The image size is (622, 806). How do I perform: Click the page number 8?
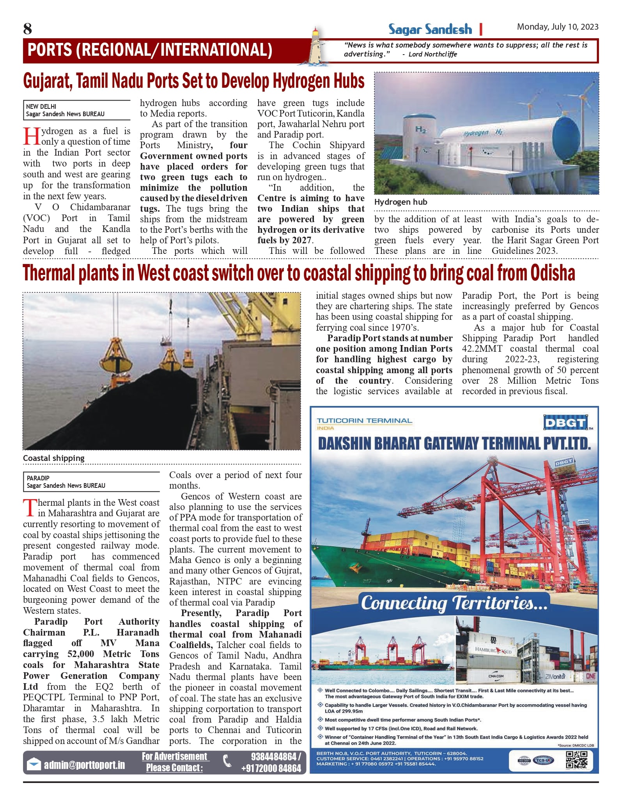(27, 29)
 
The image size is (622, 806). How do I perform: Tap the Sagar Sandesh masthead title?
(430, 29)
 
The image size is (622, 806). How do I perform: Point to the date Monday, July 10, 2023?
(557, 27)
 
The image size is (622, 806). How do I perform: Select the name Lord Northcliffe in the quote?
(432, 54)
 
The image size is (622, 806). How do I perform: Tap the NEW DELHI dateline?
(41, 106)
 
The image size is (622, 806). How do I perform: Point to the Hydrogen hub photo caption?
(400, 202)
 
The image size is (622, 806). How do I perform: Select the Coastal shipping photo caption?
(53, 458)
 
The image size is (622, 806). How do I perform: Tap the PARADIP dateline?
(38, 478)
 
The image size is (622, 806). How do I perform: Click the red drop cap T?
(30, 508)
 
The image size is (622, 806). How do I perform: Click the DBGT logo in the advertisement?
(565, 423)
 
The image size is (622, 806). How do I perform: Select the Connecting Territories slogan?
(454, 603)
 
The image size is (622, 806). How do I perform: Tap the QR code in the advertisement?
(576, 760)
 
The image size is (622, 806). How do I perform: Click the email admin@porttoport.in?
(84, 765)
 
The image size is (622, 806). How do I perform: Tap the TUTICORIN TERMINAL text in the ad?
(364, 421)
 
